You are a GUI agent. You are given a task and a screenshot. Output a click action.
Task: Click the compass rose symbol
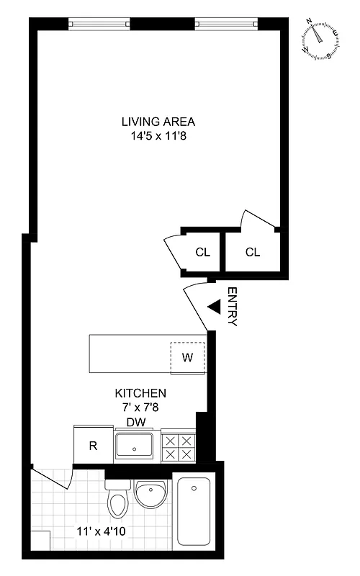[x=320, y=39]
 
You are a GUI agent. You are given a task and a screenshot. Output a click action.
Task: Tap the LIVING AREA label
[x=158, y=121]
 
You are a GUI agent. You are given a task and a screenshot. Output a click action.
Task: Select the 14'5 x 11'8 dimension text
[x=158, y=135]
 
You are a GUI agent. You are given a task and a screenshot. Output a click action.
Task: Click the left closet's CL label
[x=202, y=252]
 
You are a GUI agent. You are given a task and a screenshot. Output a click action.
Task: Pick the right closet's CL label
[x=252, y=252]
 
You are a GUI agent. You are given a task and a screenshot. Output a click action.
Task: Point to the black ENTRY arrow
[x=213, y=307]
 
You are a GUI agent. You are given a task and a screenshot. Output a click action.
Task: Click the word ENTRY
[x=232, y=307]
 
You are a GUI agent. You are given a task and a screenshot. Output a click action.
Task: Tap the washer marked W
[x=187, y=357]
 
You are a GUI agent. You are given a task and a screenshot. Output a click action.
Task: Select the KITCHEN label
[x=141, y=394]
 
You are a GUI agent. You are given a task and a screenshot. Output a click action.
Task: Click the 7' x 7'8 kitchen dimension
[x=141, y=408]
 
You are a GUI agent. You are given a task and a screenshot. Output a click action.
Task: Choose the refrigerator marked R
[x=93, y=445]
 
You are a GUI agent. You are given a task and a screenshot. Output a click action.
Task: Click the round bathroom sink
[x=151, y=497]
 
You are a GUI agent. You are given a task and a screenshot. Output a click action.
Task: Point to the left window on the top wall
[x=99, y=24]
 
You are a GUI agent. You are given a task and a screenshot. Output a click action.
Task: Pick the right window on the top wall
[x=226, y=24]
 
